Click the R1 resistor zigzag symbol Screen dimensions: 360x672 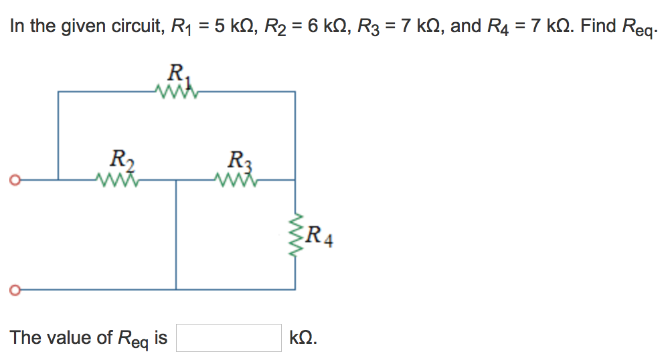click(176, 92)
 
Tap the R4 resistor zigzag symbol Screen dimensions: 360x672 click(295, 235)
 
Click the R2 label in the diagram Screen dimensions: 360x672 click(120, 161)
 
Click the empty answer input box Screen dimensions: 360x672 click(228, 338)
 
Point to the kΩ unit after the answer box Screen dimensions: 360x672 click(303, 338)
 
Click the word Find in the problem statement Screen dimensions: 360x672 click(598, 26)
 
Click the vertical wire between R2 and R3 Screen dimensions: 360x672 click(176, 234)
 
